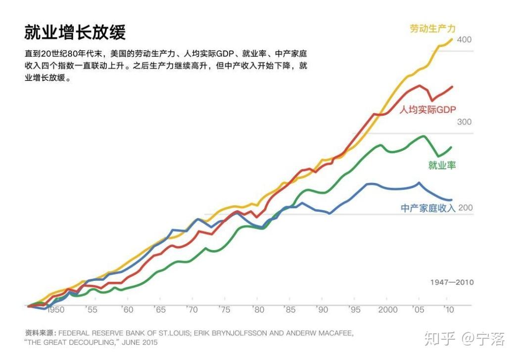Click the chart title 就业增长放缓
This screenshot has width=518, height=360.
[x=75, y=32]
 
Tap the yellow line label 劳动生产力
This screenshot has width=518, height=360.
[x=432, y=29]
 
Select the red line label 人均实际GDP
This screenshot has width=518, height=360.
[x=427, y=110]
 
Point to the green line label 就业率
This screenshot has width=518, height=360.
[x=442, y=165]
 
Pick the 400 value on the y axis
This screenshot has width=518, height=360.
[x=464, y=40]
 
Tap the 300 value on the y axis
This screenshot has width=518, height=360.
[x=464, y=122]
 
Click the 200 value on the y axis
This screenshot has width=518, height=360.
[x=465, y=208]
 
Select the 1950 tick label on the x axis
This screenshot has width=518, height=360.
[x=55, y=310]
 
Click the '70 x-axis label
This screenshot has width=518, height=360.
[x=191, y=310]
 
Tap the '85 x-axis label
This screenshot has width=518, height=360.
[x=289, y=310]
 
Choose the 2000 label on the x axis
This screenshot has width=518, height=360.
[x=388, y=310]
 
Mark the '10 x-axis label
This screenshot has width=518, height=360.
[x=449, y=310]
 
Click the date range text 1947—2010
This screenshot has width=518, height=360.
[x=452, y=282]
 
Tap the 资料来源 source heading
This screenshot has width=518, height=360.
[x=41, y=333]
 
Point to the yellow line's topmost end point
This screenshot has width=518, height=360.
[x=452, y=39]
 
